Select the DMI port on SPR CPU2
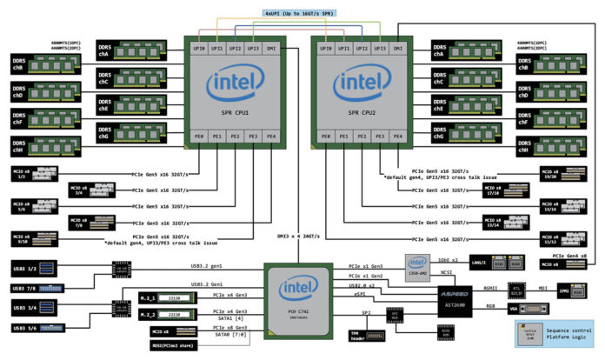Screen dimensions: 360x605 [397, 50]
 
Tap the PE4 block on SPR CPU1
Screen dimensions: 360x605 [270, 137]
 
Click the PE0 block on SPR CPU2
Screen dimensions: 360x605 [326, 137]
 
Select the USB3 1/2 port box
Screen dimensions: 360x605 [25, 266]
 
